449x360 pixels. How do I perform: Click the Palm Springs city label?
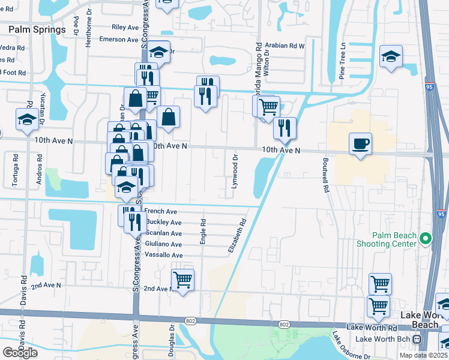click(37, 29)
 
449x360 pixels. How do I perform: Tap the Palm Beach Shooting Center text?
click(394, 240)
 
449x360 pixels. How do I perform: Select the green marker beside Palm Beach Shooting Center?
click(426, 238)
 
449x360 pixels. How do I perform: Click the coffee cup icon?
click(360, 144)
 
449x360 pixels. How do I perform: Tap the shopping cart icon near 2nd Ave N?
click(182, 280)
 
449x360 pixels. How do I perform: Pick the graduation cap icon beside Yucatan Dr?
click(26, 119)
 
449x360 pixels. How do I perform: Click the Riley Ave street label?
click(125, 28)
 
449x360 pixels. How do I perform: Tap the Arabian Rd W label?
click(285, 46)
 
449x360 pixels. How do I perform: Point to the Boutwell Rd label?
click(326, 175)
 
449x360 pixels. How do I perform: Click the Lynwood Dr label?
click(235, 171)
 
